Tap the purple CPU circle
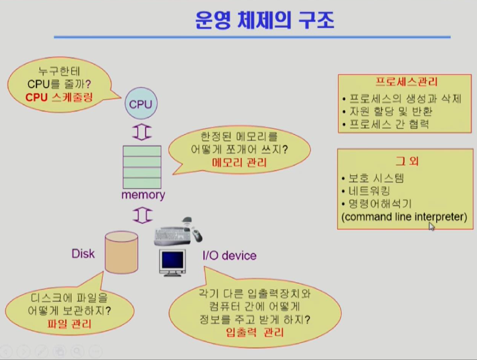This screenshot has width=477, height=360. point(141,104)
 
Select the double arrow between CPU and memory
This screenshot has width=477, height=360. point(142,133)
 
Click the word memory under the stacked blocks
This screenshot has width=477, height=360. point(143,195)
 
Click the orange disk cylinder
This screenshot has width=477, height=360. point(121,252)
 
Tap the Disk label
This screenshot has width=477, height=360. point(83,253)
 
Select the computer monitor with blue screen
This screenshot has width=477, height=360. point(173,262)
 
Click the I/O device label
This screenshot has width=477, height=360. point(229,255)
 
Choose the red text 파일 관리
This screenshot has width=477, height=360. point(67,324)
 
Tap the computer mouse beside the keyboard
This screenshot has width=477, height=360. point(197,234)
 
